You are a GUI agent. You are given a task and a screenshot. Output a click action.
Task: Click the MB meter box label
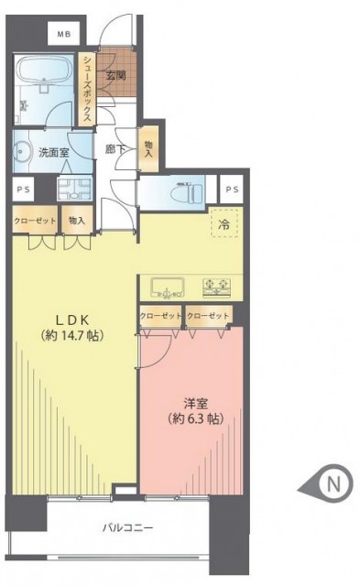64,35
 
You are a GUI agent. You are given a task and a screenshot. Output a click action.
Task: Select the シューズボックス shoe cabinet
87,89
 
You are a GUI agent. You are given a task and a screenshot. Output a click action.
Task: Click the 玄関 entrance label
116,76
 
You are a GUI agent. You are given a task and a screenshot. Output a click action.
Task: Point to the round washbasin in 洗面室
23,151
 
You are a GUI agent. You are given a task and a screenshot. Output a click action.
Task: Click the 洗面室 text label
54,153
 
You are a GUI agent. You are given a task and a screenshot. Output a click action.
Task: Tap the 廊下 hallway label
115,149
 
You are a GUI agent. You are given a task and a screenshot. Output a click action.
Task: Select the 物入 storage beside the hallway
148,148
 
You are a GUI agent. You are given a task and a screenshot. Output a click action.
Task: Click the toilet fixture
186,193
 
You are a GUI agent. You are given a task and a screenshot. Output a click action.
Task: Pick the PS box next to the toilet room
232,190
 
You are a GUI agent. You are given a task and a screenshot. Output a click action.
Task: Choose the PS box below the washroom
23,190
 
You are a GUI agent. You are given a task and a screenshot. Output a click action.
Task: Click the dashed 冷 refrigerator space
224,223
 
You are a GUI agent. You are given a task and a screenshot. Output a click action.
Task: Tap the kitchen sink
167,288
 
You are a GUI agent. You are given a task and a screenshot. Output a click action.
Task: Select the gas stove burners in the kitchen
216,288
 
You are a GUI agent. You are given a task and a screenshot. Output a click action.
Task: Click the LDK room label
72,320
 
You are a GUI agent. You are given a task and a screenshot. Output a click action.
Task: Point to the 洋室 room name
196,404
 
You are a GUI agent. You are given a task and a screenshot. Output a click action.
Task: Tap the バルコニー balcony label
128,528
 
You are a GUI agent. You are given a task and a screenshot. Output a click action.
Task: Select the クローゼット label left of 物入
35,221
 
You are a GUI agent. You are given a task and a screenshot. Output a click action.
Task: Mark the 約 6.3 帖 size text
196,419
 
